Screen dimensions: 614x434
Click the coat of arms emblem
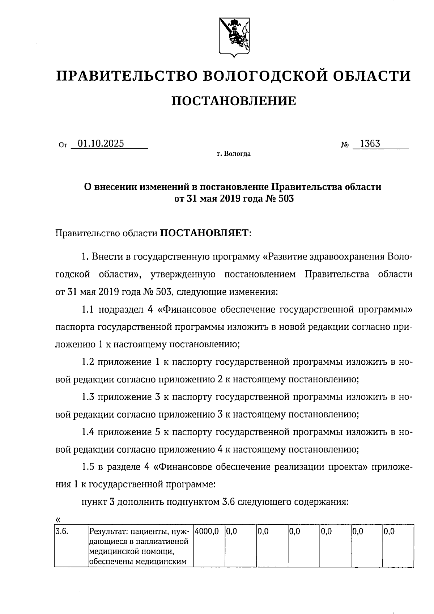(234, 37)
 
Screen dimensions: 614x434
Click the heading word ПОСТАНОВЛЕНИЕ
(233, 101)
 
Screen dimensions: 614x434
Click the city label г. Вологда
(234, 154)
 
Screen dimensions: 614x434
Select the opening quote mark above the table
(58, 520)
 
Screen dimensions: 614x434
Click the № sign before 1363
(345, 145)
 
